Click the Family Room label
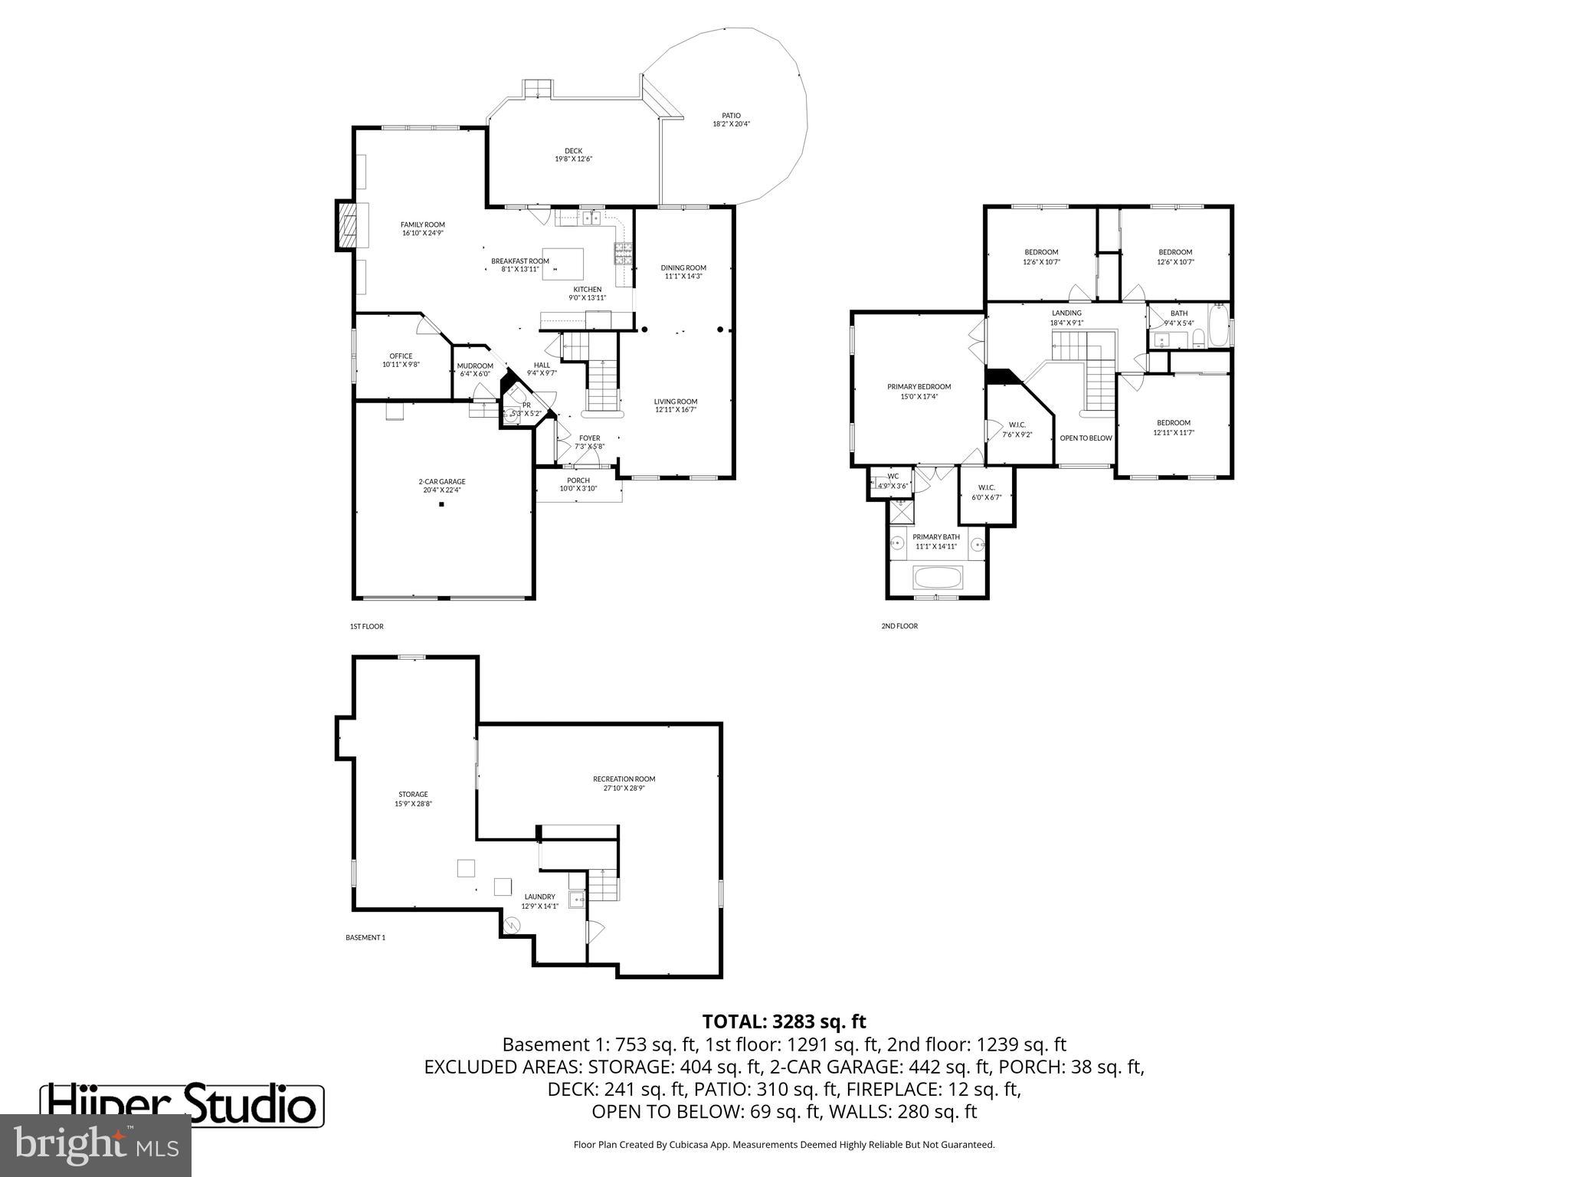pyautogui.click(x=422, y=225)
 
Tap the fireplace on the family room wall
pyautogui.click(x=346, y=225)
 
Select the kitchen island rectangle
pyautogui.click(x=562, y=264)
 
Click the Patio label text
pyautogui.click(x=731, y=116)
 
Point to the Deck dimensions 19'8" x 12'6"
pyautogui.click(x=573, y=159)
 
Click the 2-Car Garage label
pyautogui.click(x=441, y=481)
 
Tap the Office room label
pyautogui.click(x=401, y=356)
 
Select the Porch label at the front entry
pyautogui.click(x=578, y=480)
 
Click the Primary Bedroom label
pyautogui.click(x=919, y=387)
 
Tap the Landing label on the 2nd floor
pyautogui.click(x=1066, y=313)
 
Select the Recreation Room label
pyautogui.click(x=624, y=779)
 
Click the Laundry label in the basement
pyautogui.click(x=539, y=897)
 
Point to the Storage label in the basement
pyautogui.click(x=413, y=795)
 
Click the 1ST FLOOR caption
pyautogui.click(x=366, y=626)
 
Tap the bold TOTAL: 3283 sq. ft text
pyautogui.click(x=784, y=1021)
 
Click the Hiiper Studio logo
pyautogui.click(x=182, y=1105)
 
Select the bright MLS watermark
pyautogui.click(x=95, y=1145)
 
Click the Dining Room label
pyautogui.click(x=683, y=267)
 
